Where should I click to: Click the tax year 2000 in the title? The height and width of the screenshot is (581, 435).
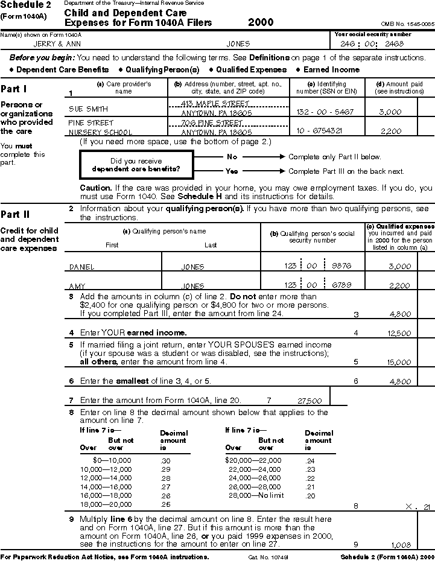tap(261, 23)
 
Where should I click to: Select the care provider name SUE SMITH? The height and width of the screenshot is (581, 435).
tap(89, 110)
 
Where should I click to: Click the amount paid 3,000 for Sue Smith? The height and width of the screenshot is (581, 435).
tap(390, 112)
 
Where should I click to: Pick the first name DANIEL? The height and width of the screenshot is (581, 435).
tap(82, 267)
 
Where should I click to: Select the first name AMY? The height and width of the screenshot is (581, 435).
tap(77, 286)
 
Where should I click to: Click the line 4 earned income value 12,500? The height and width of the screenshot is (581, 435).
tap(399, 333)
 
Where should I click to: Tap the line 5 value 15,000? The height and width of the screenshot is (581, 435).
tap(399, 362)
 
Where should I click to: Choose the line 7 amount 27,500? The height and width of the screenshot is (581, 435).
tap(310, 401)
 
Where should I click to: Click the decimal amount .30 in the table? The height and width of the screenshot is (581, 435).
tap(165, 460)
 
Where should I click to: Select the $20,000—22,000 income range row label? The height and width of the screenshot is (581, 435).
tap(253, 460)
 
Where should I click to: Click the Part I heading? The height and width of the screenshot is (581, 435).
tap(14, 89)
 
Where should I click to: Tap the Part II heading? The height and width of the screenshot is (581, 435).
tap(14, 214)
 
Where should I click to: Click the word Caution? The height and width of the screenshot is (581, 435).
tap(95, 188)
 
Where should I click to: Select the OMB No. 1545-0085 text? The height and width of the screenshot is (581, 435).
tap(407, 24)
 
